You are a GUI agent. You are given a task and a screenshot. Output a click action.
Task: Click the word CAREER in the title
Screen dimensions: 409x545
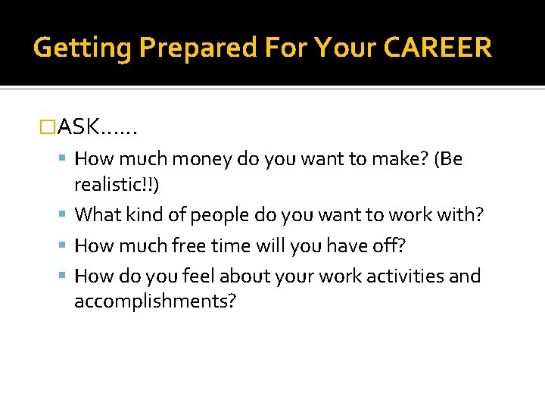[x=438, y=48]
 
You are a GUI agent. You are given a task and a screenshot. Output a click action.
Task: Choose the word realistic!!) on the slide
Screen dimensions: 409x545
[x=117, y=185]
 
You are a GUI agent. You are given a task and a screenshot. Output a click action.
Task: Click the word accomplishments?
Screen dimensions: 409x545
[x=155, y=301]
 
